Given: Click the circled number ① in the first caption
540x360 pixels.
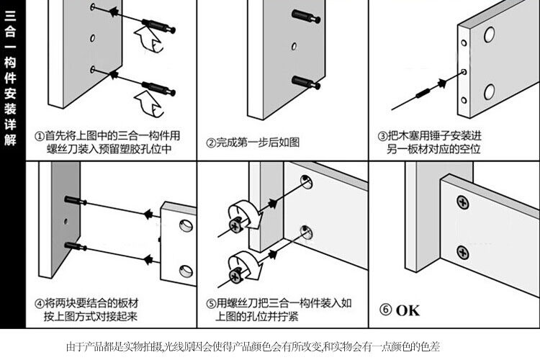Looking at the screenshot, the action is [x=40, y=135].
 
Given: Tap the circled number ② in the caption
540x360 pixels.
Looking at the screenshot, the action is [x=210, y=142].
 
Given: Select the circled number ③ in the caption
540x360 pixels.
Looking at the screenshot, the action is [x=382, y=135].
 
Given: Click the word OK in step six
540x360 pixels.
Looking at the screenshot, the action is [x=407, y=310].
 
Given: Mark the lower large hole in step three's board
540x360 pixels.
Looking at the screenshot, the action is [x=489, y=91].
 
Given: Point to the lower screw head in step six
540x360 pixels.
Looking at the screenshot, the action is [x=462, y=253].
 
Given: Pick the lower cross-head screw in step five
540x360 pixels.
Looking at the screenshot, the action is [x=235, y=274].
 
